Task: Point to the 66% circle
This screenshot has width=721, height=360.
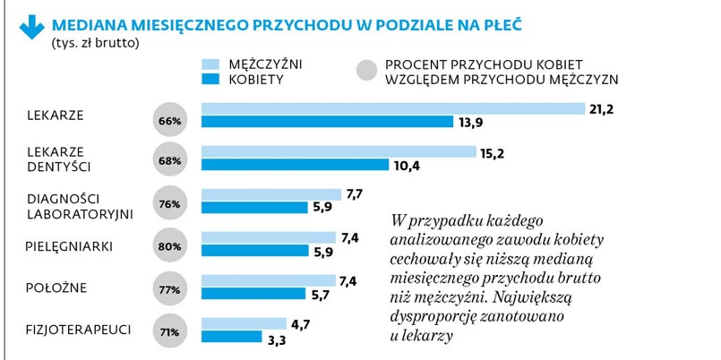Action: [170, 120]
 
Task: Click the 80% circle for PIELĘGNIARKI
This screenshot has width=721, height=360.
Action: [170, 246]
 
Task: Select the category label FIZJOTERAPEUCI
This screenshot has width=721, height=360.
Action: [79, 330]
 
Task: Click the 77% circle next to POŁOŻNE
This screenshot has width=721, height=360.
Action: [170, 290]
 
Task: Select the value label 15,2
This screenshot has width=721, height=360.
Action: [492, 152]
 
